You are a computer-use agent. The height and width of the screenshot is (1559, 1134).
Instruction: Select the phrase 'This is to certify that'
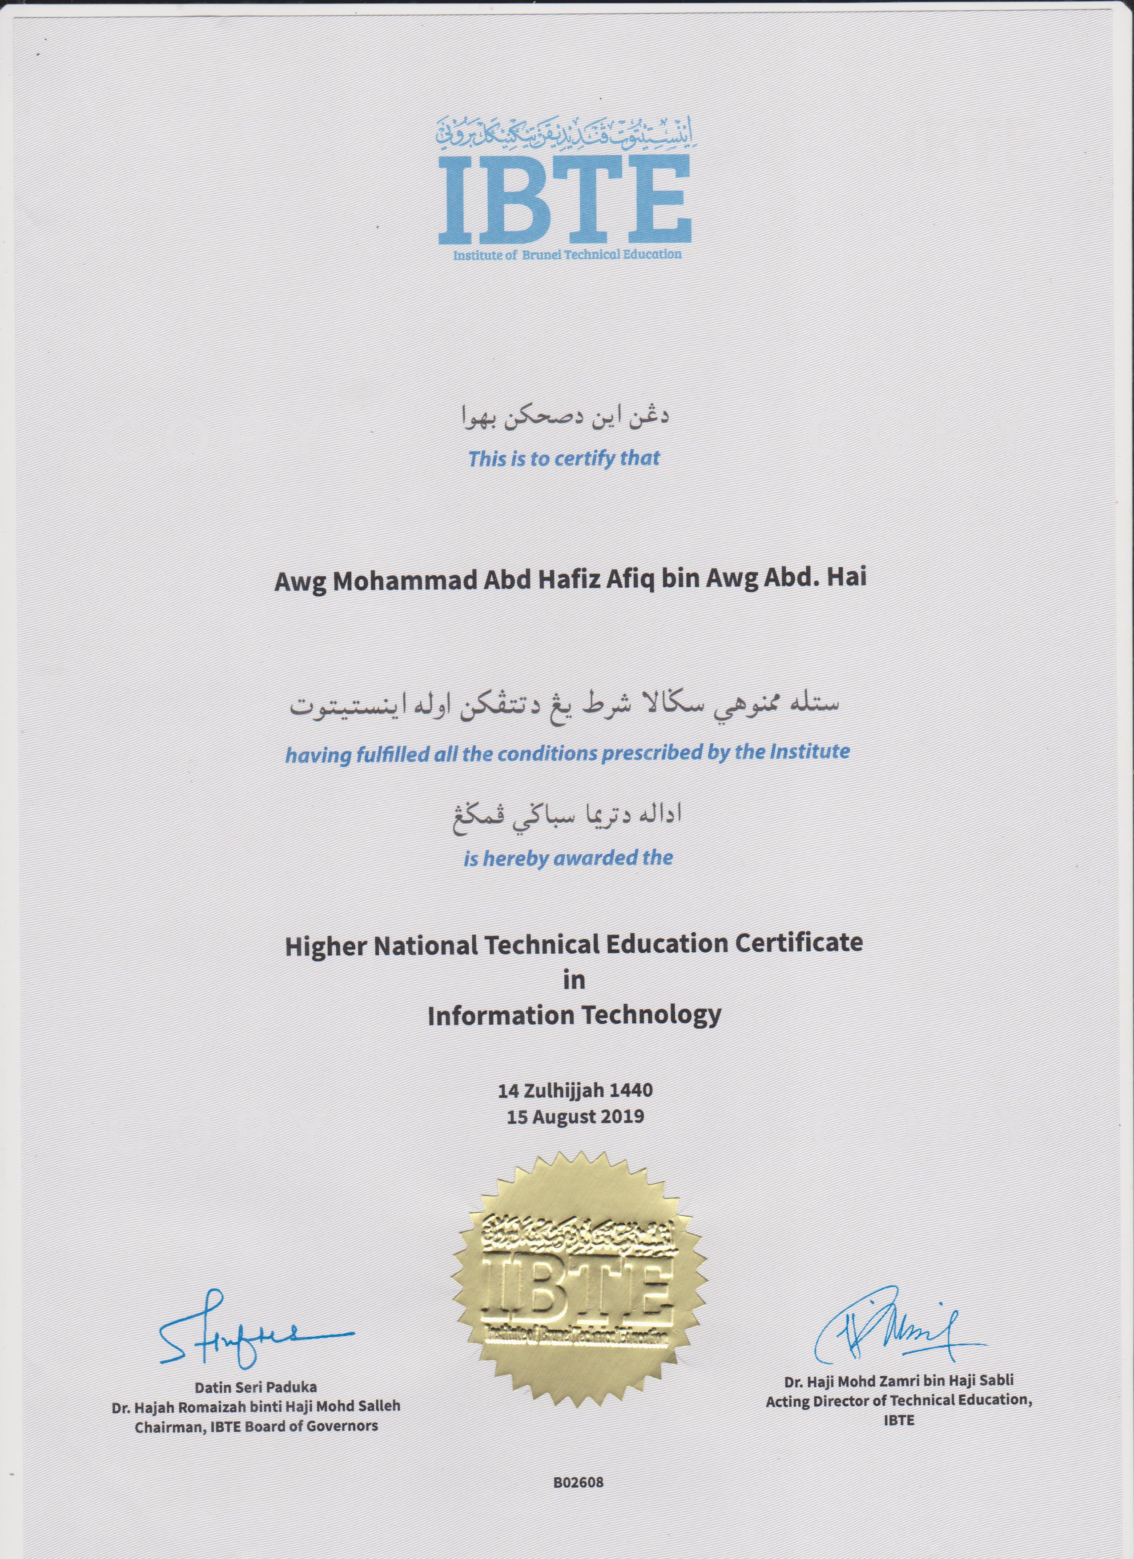click(x=564, y=458)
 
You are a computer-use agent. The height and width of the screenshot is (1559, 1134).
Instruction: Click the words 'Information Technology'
click(x=574, y=1015)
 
